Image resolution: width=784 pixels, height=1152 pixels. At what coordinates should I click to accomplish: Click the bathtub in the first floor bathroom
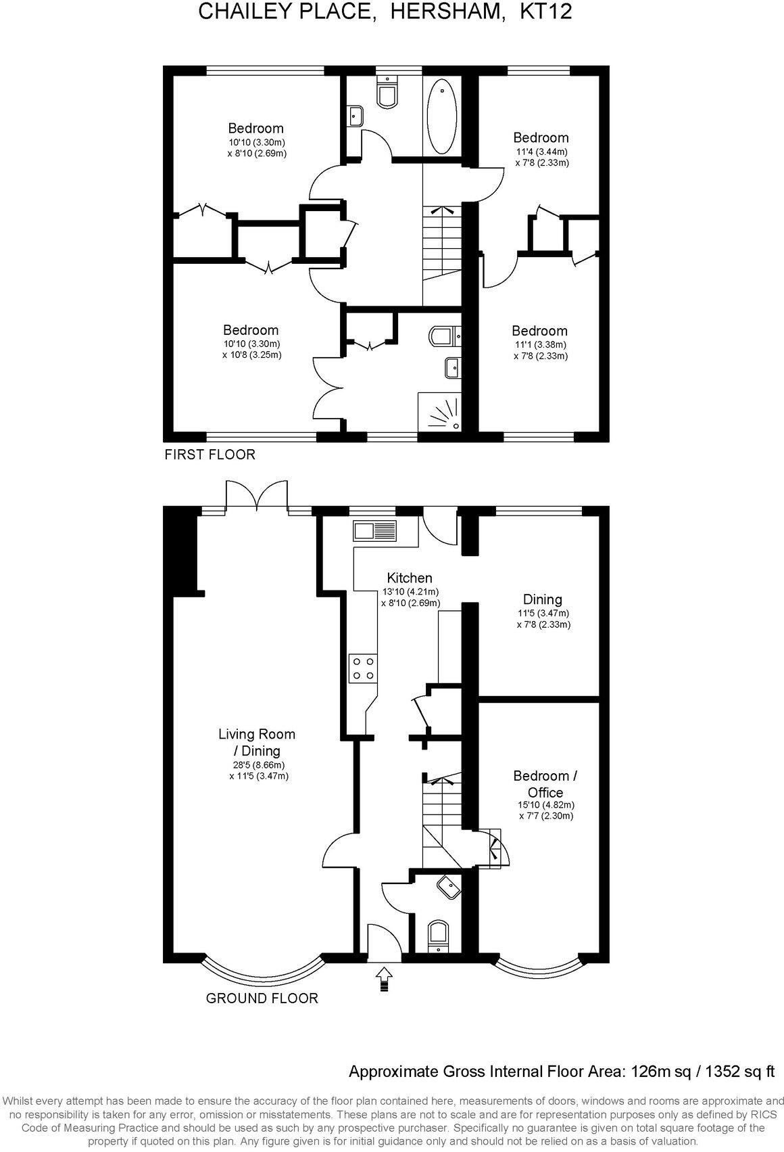[443, 116]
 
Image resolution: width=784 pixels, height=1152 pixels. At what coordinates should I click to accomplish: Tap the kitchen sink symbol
[374, 531]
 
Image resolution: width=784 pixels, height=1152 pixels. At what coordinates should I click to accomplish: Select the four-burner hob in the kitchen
[363, 668]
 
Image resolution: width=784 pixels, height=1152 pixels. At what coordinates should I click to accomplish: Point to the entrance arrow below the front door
[385, 978]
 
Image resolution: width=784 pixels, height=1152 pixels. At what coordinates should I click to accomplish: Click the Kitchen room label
[410, 578]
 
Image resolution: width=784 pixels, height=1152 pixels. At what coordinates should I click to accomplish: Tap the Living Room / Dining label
[257, 742]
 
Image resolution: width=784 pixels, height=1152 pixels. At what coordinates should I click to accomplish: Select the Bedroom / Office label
[545, 784]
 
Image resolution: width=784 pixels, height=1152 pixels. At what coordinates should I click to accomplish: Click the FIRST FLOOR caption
[210, 455]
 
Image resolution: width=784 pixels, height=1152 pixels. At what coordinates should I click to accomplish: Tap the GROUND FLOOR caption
[262, 998]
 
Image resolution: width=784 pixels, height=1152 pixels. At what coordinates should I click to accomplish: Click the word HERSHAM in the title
[441, 11]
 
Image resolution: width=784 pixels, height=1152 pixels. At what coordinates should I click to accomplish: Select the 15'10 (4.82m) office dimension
[545, 805]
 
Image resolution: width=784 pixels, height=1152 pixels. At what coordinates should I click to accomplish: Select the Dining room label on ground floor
[543, 599]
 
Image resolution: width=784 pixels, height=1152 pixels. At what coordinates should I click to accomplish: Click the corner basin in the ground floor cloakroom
[447, 886]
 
